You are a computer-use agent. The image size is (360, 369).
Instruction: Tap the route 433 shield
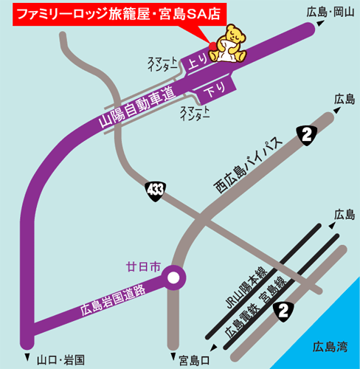click(155, 191)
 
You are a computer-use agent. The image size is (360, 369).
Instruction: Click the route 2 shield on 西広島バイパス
click(305, 134)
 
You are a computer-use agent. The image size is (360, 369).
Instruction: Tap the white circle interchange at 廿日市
click(174, 278)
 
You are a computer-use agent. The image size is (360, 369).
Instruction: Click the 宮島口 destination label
click(194, 359)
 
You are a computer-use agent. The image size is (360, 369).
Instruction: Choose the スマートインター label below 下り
click(195, 113)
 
